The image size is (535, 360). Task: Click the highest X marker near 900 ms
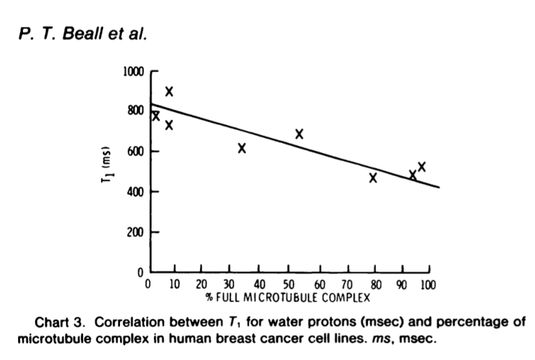(169, 92)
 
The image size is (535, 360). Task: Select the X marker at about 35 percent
(242, 148)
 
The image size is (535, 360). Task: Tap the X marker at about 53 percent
(299, 134)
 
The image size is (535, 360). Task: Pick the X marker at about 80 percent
(373, 178)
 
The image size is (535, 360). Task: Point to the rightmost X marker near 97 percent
(422, 166)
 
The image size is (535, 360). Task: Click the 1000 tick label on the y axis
(133, 72)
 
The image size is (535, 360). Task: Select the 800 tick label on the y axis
(135, 111)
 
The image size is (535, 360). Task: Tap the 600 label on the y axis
(135, 151)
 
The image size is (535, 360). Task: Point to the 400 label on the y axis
(135, 192)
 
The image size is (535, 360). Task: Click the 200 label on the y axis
(135, 232)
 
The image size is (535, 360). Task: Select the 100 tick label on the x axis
(428, 285)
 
